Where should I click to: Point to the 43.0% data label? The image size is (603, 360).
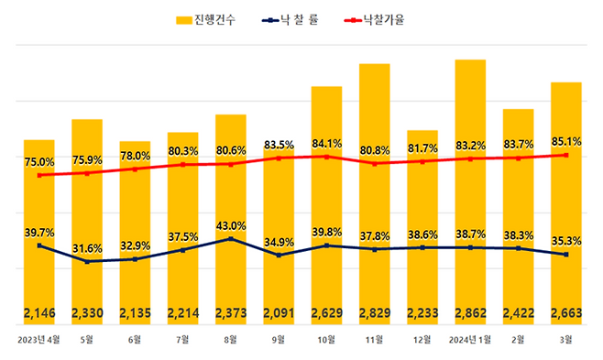click(230, 225)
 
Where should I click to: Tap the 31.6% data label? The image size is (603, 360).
click(87, 247)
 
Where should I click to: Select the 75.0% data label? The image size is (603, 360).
click(38, 162)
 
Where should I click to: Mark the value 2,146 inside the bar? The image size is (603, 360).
click(38, 314)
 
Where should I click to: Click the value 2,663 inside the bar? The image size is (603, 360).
click(565, 314)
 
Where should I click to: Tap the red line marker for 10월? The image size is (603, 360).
click(326, 157)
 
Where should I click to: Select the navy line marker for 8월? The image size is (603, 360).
click(230, 239)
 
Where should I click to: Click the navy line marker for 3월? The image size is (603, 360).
click(565, 255)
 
